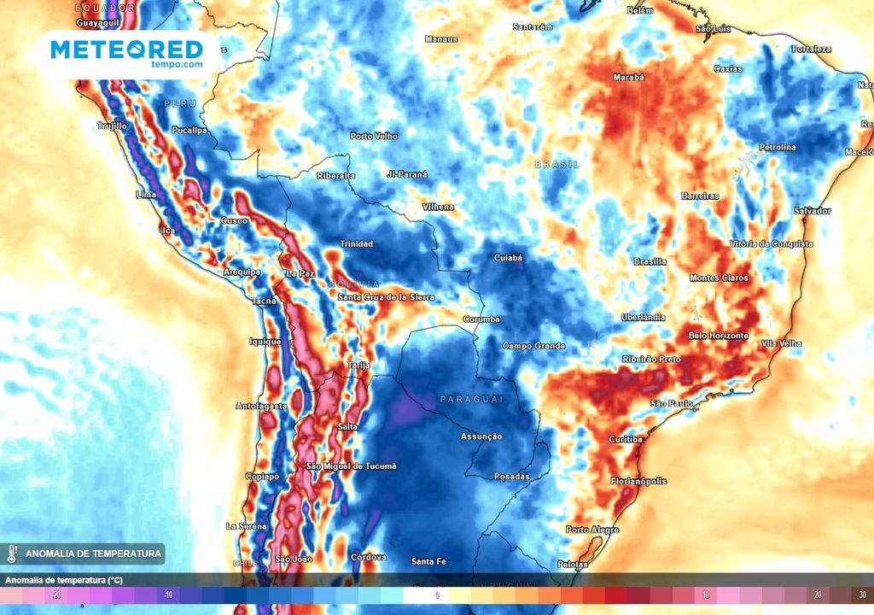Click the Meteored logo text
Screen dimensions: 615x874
click(126, 49)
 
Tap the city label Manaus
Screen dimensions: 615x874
click(441, 39)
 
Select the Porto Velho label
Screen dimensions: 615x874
click(374, 136)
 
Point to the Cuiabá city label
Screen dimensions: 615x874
click(508, 257)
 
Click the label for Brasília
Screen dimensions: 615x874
click(650, 261)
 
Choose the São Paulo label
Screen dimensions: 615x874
click(671, 403)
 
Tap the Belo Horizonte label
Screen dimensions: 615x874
click(718, 336)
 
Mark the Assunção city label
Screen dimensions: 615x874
click(481, 436)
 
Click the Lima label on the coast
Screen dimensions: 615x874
click(146, 195)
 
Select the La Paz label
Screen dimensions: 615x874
click(300, 274)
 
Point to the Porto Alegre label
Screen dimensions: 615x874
click(591, 530)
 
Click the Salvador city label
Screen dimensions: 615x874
click(812, 210)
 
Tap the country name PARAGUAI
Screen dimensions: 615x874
click(472, 400)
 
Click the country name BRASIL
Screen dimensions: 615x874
click(557, 164)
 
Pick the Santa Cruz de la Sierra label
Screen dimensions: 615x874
click(386, 297)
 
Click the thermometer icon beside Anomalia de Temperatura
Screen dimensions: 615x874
click(12, 554)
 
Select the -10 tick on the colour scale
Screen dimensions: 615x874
click(169, 594)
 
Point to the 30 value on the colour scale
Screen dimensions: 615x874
click(862, 594)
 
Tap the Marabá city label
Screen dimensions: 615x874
click(628, 77)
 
